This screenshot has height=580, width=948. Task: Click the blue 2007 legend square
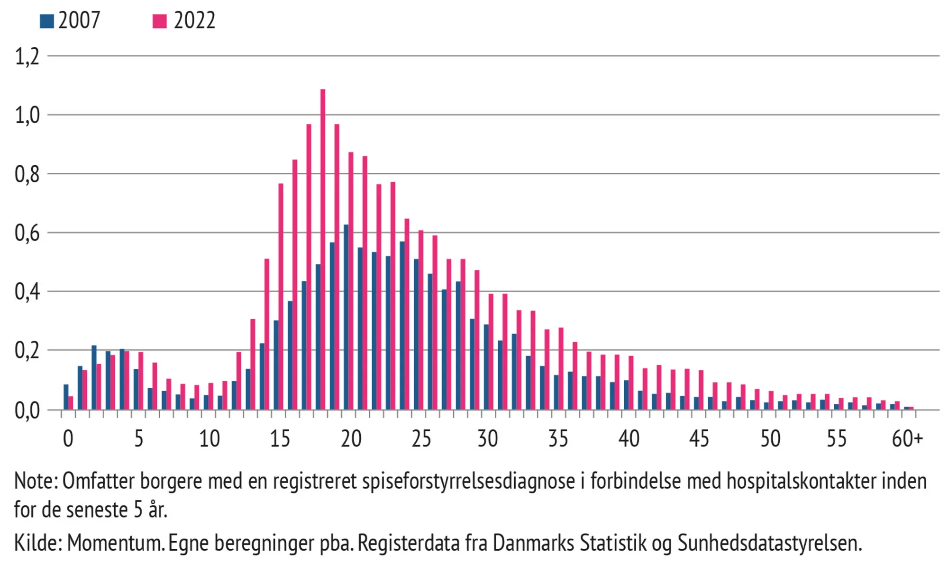click(46, 21)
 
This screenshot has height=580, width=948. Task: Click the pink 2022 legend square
click(160, 21)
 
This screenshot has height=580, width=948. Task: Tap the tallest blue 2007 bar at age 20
click(346, 317)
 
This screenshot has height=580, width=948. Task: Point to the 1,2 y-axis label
click(27, 57)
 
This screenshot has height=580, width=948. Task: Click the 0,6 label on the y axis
click(27, 233)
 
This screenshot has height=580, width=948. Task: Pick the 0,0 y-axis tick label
click(27, 411)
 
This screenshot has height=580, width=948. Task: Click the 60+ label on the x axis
click(907, 439)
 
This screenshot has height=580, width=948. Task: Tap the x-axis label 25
click(421, 439)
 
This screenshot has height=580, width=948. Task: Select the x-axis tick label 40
click(629, 439)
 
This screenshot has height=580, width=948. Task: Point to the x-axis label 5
click(138, 439)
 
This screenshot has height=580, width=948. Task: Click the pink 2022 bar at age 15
click(281, 296)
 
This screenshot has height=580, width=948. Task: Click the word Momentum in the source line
click(115, 543)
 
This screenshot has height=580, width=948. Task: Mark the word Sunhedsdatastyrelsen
click(769, 543)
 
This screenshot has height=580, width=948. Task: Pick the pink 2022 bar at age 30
click(491, 351)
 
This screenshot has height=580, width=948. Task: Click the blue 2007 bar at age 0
click(66, 397)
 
